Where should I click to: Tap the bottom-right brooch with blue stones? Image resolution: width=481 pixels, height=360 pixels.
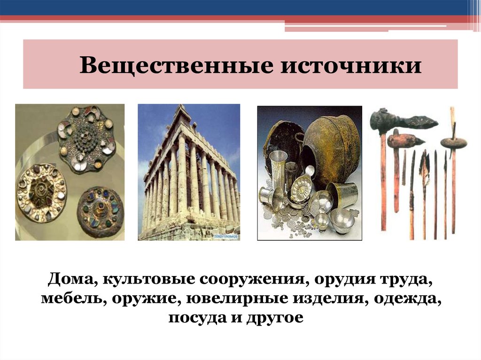coord(100,211)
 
